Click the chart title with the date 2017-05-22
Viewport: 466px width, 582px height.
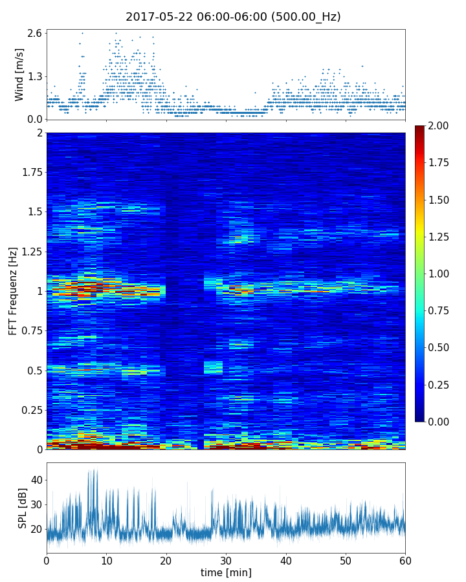click(x=233, y=17)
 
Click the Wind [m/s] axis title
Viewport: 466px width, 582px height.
click(x=19, y=74)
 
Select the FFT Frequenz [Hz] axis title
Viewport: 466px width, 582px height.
click(x=13, y=290)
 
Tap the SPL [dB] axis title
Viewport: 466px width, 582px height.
click(x=23, y=508)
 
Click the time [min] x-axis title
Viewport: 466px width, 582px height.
click(x=226, y=572)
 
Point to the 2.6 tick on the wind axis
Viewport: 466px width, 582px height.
click(x=34, y=33)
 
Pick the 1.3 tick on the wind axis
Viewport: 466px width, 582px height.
click(x=34, y=76)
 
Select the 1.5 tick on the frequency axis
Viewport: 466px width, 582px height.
click(x=34, y=212)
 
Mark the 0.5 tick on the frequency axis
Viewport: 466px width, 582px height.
click(x=34, y=371)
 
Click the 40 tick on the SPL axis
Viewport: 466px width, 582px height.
click(x=36, y=480)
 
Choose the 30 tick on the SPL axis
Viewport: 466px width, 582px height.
click(x=36, y=504)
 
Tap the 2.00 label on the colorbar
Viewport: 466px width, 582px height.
click(x=441, y=125)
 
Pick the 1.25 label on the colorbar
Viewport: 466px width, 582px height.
click(x=441, y=237)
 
